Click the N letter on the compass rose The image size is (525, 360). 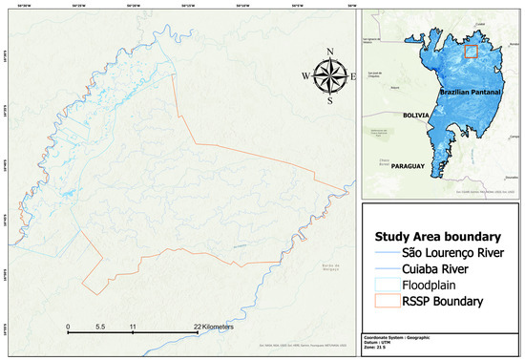coord(329,52)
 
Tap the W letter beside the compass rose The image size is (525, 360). coord(305,75)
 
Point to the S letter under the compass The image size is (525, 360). coord(329,99)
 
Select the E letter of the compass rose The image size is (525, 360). coord(353,75)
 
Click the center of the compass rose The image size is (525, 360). coord(329,74)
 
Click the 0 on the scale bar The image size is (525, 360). coord(68,327)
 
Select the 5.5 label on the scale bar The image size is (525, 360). coord(100,327)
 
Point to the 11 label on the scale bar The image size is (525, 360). coord(133,327)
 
